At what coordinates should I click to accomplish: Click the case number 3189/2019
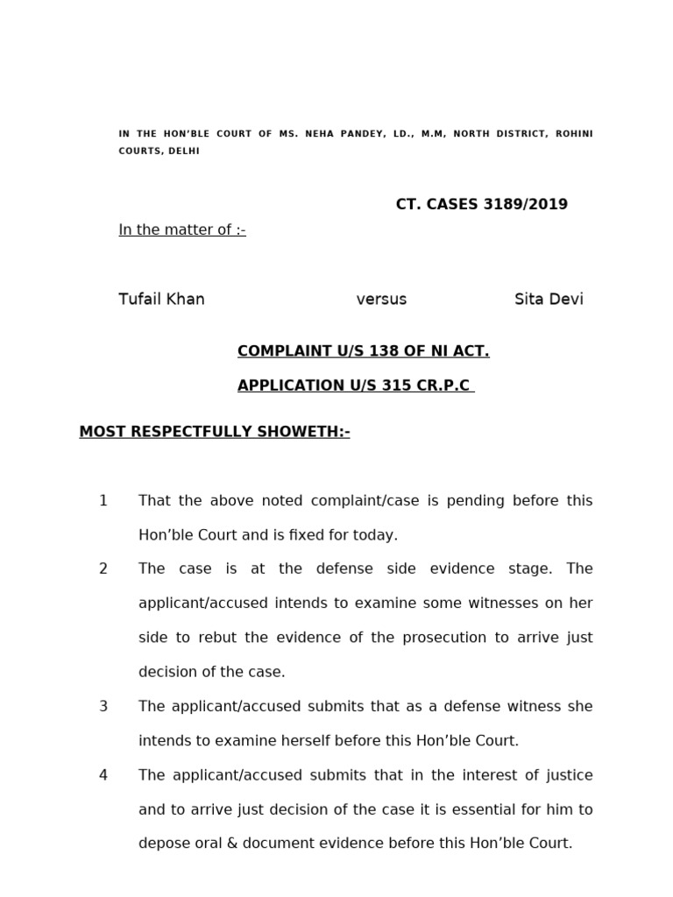[523, 204]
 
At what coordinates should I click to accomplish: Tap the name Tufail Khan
[161, 299]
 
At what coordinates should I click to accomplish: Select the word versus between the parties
[381, 299]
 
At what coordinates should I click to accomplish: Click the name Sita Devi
[549, 299]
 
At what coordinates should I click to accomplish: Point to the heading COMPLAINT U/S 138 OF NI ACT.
[363, 351]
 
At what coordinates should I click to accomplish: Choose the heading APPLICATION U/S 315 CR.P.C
[354, 385]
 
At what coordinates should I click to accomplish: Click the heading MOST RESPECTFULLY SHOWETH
[214, 431]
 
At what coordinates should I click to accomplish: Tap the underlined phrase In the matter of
[181, 230]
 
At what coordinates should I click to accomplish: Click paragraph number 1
[103, 500]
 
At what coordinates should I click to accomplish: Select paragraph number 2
[103, 569]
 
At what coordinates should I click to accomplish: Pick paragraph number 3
[103, 706]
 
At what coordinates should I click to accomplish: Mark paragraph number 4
[103, 775]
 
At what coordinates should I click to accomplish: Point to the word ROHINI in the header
[574, 134]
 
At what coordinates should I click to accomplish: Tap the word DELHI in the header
[184, 151]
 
